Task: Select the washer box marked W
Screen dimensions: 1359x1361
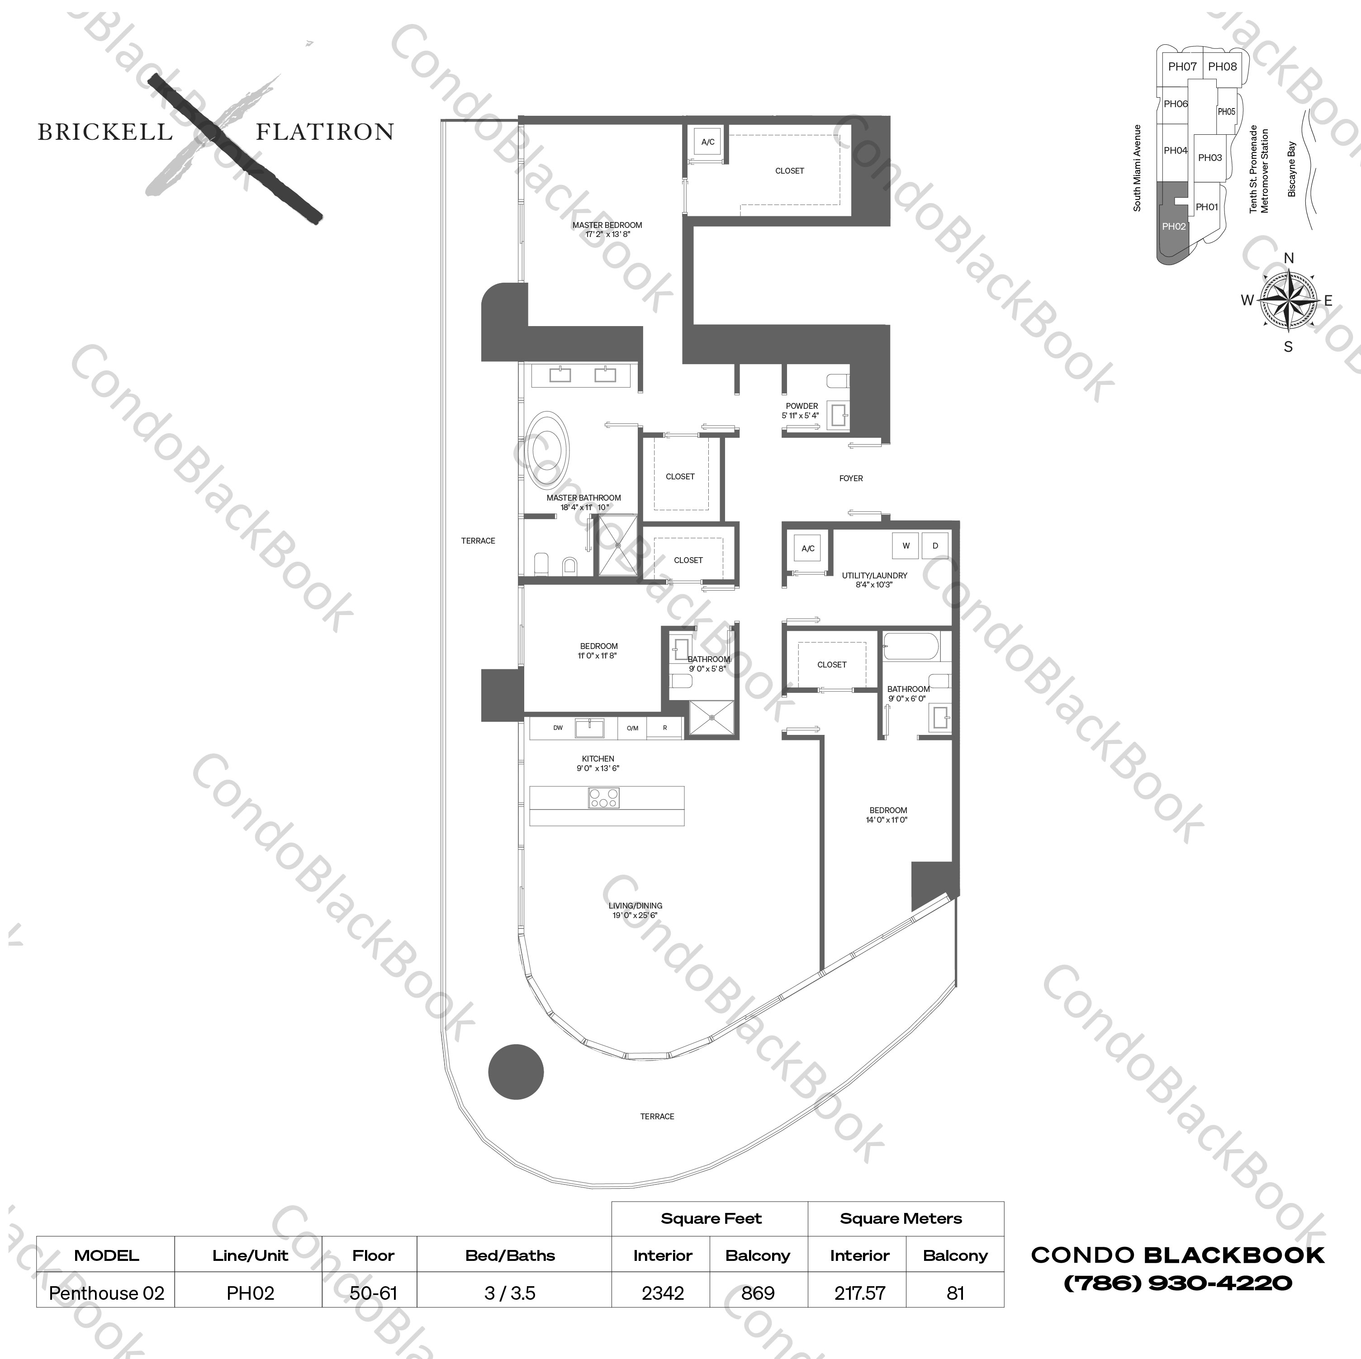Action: pyautogui.click(x=906, y=545)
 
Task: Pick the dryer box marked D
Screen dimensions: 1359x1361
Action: pyautogui.click(x=935, y=545)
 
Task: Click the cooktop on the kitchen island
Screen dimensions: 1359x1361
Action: pyautogui.click(x=604, y=797)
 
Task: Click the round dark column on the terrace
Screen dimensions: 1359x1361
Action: pyautogui.click(x=516, y=1071)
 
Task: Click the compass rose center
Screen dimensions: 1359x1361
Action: pyautogui.click(x=1289, y=301)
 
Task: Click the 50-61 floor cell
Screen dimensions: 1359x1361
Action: pyautogui.click(x=373, y=1293)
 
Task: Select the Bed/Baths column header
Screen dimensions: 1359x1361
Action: pyautogui.click(x=510, y=1255)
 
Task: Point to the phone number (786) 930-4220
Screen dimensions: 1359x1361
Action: pyautogui.click(x=1177, y=1283)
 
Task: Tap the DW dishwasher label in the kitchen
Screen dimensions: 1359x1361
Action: pyautogui.click(x=558, y=728)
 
